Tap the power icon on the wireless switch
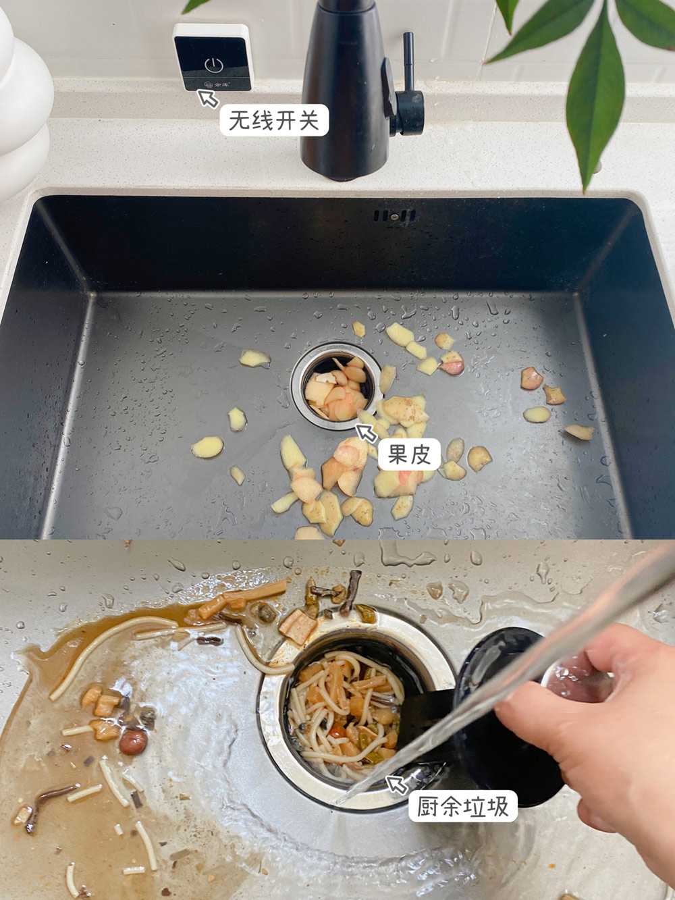click(x=213, y=65)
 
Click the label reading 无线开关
click(x=274, y=120)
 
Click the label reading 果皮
click(x=409, y=454)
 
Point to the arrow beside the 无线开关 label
click(x=208, y=99)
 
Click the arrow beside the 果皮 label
click(x=366, y=433)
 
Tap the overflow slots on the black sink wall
click(x=394, y=215)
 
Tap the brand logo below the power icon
click(x=217, y=84)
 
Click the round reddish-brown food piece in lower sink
click(x=133, y=742)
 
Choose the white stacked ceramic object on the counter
click(x=20, y=103)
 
